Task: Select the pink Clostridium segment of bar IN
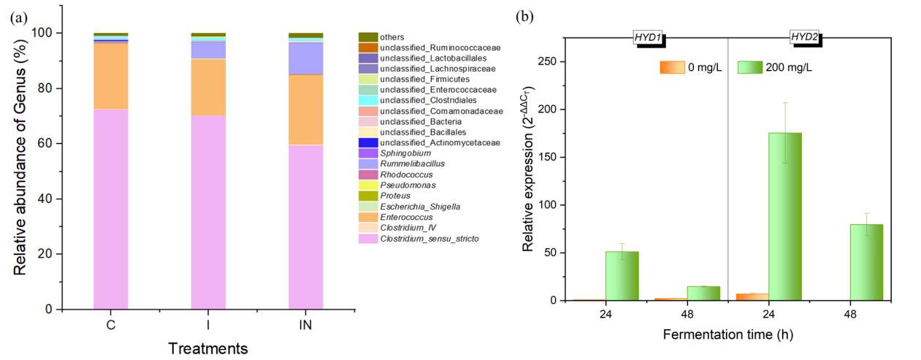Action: (x=306, y=226)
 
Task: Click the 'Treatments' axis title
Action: (x=208, y=348)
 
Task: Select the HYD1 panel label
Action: (x=648, y=38)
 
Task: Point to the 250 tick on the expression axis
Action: (x=549, y=61)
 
